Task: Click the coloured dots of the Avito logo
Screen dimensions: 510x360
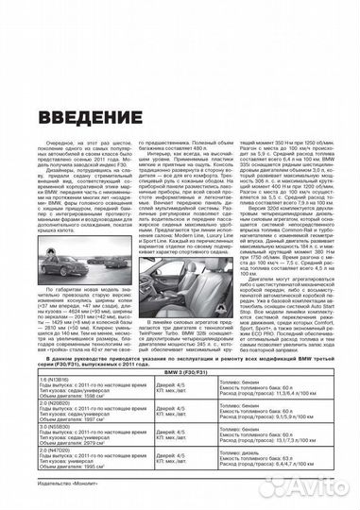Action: [x=283, y=486]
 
